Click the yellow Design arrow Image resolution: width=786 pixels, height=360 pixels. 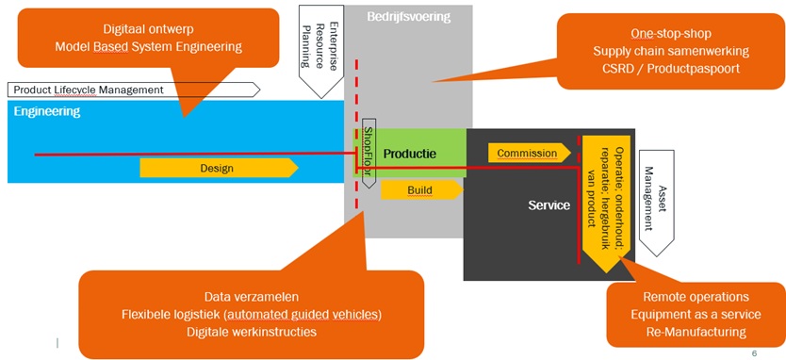218,168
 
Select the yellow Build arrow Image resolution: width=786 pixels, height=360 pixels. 420,190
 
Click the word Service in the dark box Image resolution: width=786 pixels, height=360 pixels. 549,205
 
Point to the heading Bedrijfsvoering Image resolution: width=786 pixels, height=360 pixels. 409,16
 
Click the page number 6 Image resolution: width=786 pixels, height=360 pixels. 754,353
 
